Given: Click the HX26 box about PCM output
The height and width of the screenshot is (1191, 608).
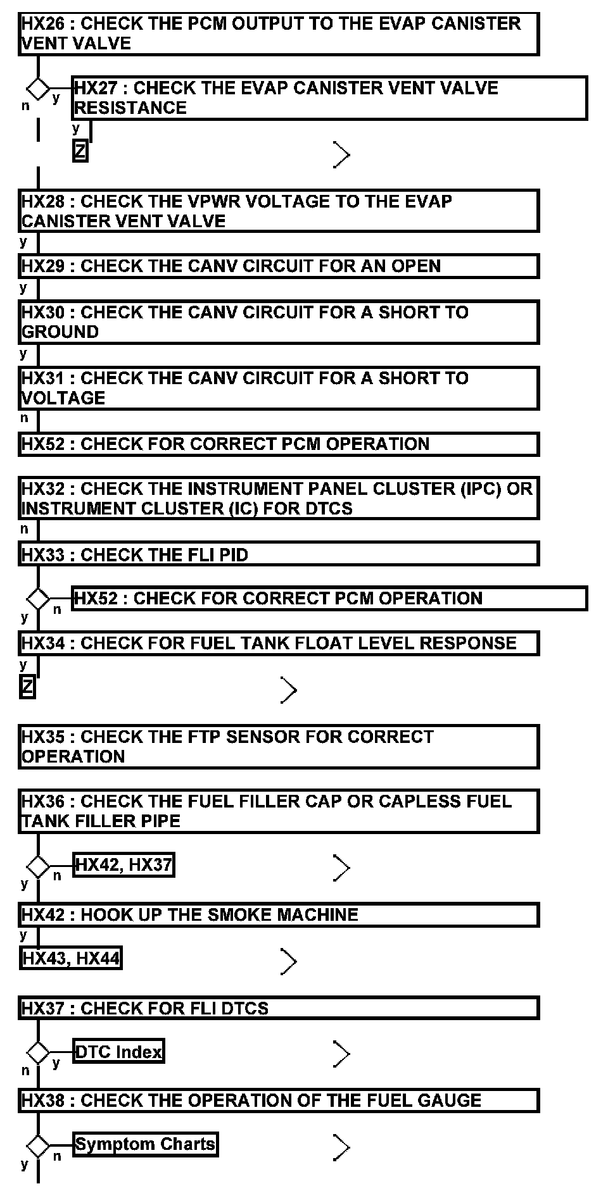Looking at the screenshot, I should point(278,34).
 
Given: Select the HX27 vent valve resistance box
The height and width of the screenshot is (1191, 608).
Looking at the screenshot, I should point(330,98).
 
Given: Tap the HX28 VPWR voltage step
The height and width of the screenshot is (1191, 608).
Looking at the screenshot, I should point(278,211).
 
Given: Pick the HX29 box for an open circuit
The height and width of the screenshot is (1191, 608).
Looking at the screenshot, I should point(278,266).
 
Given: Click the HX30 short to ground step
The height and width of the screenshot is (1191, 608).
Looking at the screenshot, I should point(278,322).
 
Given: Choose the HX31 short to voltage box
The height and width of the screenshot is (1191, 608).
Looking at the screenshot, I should point(278,388).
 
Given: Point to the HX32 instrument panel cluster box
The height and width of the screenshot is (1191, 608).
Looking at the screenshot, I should point(278,498).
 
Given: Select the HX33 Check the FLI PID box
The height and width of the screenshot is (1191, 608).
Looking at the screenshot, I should point(278,554).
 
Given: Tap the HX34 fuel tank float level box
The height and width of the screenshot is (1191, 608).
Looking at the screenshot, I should point(278,643).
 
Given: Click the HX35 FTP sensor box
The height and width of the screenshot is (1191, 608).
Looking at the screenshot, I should point(278,747).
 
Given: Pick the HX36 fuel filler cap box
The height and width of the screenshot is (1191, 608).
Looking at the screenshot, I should point(278,811).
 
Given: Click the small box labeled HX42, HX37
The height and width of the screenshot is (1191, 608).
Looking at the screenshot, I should point(123,865).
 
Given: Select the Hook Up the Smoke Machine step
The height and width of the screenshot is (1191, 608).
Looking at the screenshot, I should point(278,914).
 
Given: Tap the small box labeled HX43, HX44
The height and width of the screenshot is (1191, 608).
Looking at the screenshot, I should point(71,959).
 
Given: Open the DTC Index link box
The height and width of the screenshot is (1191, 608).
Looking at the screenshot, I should point(118,1052).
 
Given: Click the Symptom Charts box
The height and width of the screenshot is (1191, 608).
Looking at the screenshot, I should point(145,1144).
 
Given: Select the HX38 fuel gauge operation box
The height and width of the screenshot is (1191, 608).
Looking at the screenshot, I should point(278,1101).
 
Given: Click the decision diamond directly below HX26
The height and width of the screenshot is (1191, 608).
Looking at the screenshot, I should point(38,89).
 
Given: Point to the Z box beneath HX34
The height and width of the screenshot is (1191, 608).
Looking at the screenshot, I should point(27,687).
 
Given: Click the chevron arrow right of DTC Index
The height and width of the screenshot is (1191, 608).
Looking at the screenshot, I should point(341,1054).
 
